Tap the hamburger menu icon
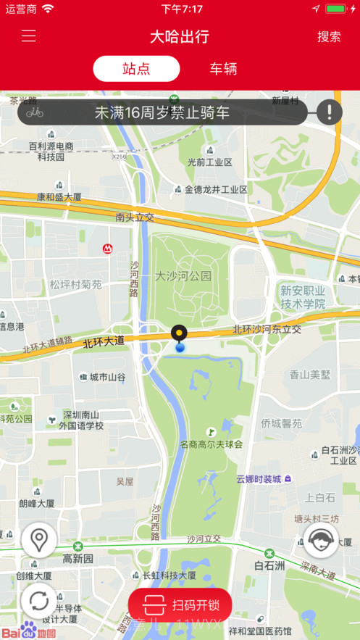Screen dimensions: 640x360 pos(28,36)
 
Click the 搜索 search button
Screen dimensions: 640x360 pos(329,36)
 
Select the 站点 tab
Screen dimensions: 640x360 pos(136,69)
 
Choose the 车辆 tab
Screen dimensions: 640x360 pos(223,69)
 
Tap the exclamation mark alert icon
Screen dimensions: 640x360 pos(330,112)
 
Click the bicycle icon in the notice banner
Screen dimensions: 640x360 pos(35,112)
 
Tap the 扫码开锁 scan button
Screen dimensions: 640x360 pos(180,604)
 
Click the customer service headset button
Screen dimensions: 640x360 pos(321,540)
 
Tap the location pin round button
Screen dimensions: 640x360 pos(39,540)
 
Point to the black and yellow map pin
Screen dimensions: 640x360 pos(179,334)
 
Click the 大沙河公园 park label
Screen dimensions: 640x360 pos(183,276)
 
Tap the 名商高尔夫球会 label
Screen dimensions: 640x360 pos(211,444)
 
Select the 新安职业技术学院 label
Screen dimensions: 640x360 pos(303,297)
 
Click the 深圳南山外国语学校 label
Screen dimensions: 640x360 pos(81,420)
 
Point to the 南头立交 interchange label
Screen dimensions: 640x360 pos(135,217)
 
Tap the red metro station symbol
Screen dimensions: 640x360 pos(107,249)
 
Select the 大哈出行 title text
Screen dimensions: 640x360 pos(180,36)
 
